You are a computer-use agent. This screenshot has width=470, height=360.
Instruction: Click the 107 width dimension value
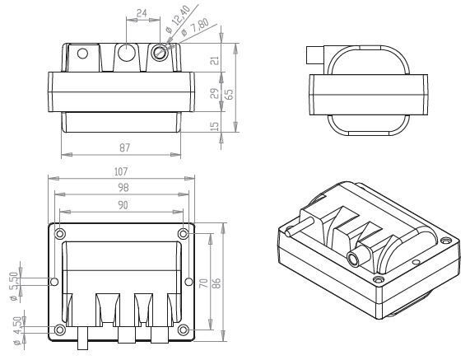121,171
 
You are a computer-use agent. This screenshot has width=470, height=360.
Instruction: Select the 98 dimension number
123,188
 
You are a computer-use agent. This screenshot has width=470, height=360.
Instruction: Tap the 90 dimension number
123,205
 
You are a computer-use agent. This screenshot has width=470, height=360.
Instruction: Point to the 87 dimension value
124,148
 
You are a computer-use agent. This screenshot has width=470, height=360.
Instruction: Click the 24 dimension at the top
142,13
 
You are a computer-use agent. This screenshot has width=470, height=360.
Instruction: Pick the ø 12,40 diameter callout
178,19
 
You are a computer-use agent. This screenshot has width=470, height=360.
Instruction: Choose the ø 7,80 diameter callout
195,28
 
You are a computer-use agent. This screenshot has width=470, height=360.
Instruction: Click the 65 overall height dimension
229,94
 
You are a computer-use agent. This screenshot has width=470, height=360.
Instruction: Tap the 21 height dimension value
215,60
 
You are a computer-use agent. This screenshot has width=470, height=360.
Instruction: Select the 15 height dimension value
215,126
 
